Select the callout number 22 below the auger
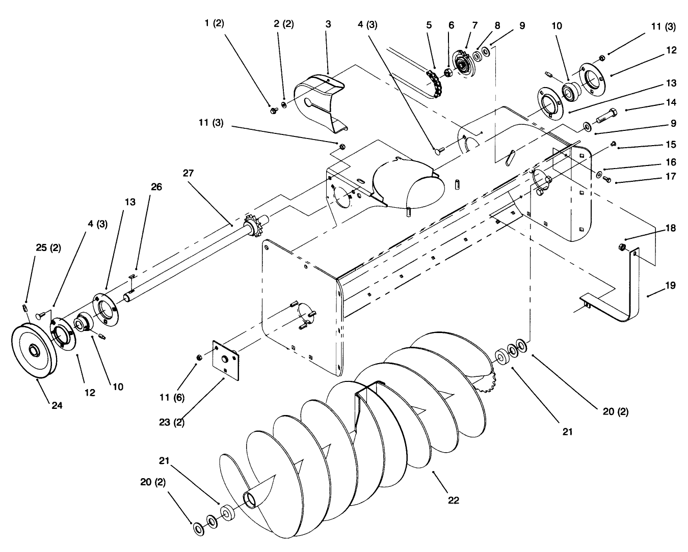pos(453,500)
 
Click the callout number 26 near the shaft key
pos(156,187)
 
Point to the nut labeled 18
pos(621,247)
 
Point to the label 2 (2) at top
pos(283,24)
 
